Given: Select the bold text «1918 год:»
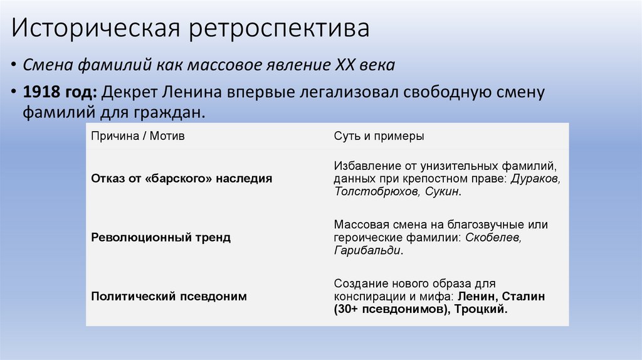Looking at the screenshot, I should click(x=60, y=93).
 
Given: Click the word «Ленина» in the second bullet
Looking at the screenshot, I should click(x=192, y=93).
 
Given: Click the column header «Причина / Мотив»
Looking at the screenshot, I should click(x=138, y=136).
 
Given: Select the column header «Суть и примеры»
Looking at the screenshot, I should click(x=379, y=136).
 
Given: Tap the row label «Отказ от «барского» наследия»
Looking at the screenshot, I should click(x=182, y=178).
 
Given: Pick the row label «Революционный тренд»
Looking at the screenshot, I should click(x=160, y=238).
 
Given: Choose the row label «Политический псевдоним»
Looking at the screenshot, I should click(x=169, y=297).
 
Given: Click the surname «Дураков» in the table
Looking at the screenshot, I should click(x=536, y=179).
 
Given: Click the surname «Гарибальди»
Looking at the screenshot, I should click(x=367, y=250).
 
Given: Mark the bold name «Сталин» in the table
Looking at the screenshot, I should click(x=523, y=297).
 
